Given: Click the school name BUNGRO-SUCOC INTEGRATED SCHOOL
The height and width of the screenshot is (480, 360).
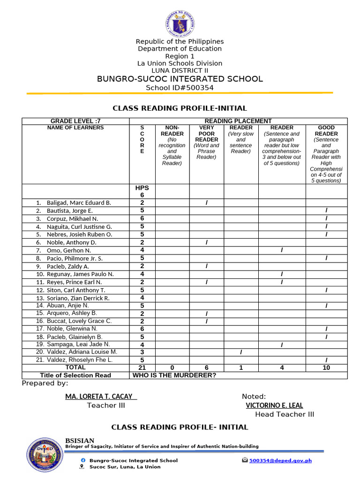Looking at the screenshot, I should coord(180,79).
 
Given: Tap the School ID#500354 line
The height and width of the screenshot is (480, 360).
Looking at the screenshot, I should coord(180,88).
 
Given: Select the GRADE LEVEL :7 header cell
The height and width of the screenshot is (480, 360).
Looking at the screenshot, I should coord(75,121).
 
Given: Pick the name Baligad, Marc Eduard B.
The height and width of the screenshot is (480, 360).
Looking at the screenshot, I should coord(79,203).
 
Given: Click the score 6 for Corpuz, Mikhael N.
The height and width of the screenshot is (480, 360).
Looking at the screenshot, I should coord(142,218).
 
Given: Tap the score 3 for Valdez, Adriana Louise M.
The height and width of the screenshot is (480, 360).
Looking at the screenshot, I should coord(142,352).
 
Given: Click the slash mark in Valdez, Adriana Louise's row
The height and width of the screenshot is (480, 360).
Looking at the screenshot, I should coord(241,352).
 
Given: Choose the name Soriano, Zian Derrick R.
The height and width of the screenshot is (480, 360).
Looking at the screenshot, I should coord(78,298).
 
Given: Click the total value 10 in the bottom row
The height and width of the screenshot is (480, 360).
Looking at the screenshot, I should coord(326,368).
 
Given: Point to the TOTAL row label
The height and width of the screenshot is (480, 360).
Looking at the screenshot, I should coord(75,368).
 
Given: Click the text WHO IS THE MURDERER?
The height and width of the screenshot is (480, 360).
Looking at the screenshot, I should coord(174,375).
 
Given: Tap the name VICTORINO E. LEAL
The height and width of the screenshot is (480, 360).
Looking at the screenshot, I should coord(274,405).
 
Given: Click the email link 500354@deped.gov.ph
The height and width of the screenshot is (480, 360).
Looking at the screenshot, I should coord(280,460).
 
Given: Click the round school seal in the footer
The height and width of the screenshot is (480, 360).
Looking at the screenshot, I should coord(45,455).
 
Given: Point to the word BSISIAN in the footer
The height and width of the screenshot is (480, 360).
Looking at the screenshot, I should coord(79,441).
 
